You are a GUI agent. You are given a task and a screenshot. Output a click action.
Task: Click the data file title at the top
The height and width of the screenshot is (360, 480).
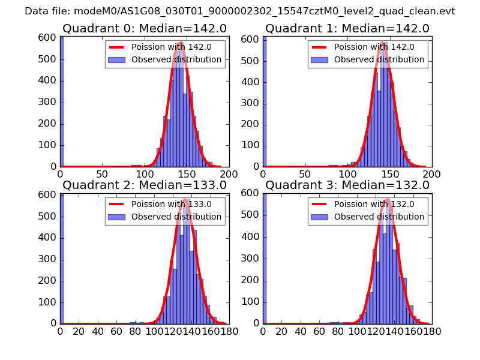pos(240,11)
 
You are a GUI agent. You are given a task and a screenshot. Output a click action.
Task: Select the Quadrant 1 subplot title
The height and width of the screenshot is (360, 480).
pos(347,28)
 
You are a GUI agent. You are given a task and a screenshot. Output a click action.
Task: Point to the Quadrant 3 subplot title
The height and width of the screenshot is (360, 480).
pos(347,185)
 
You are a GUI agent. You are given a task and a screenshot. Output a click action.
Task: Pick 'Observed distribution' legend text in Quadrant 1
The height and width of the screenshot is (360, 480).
pos(379,60)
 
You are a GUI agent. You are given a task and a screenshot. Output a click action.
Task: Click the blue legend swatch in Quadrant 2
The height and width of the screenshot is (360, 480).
pos(117,217)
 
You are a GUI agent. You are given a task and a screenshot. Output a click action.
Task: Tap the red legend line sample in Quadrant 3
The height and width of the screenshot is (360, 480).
pos(320,204)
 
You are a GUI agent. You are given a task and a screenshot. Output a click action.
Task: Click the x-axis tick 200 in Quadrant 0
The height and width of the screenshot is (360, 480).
pos(229,174)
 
